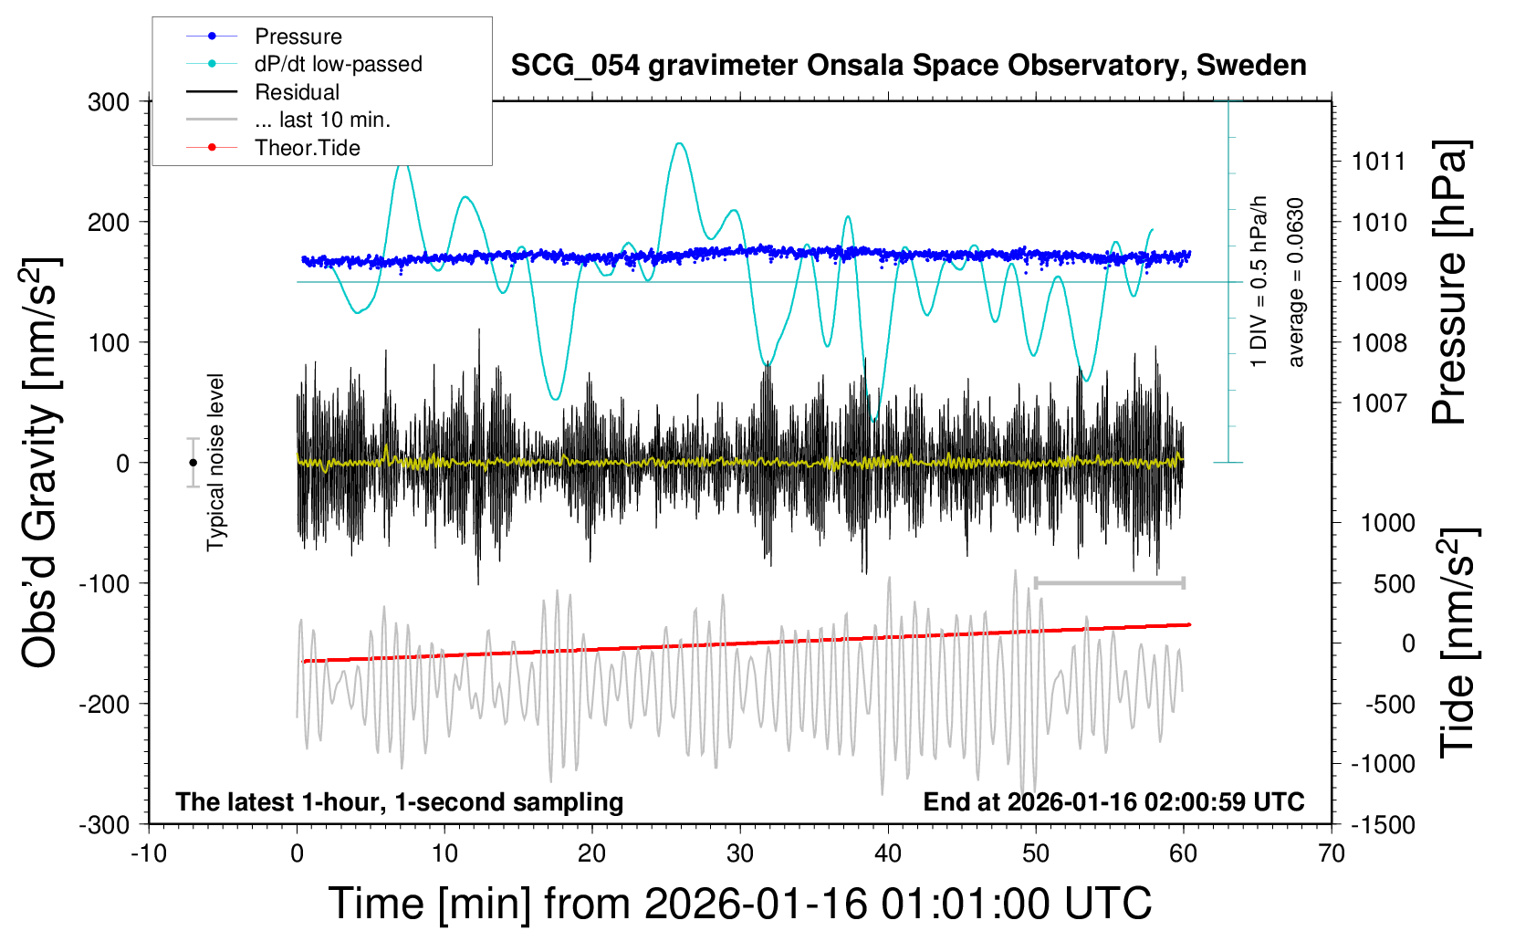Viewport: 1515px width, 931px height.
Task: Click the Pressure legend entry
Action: tap(298, 37)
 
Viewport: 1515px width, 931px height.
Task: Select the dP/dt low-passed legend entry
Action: tap(338, 64)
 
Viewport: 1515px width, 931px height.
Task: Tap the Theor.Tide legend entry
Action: tap(307, 148)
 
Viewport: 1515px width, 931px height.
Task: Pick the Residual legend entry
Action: tap(297, 92)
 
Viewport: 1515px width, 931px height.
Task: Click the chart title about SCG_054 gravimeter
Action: tap(908, 66)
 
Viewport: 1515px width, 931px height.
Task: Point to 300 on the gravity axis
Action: tap(109, 102)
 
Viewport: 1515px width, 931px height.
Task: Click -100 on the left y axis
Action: tap(105, 583)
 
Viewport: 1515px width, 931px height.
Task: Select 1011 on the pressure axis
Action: tap(1379, 162)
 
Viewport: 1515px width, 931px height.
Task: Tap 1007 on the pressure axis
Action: tap(1379, 403)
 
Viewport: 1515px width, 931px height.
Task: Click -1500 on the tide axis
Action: tap(1383, 824)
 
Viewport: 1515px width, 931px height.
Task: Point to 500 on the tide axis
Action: tap(1394, 583)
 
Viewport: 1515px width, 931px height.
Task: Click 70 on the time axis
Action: tap(1332, 853)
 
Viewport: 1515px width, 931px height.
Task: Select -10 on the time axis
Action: tap(149, 853)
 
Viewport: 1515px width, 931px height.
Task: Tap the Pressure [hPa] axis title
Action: tap(1448, 283)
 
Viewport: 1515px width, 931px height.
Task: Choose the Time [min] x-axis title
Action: tap(739, 904)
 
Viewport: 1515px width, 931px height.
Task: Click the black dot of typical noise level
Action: tap(193, 463)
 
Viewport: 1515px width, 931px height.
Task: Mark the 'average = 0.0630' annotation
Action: tap(1296, 283)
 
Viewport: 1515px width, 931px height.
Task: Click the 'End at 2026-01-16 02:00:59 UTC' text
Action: tap(1113, 801)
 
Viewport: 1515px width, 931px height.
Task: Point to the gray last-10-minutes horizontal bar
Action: tap(1109, 582)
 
